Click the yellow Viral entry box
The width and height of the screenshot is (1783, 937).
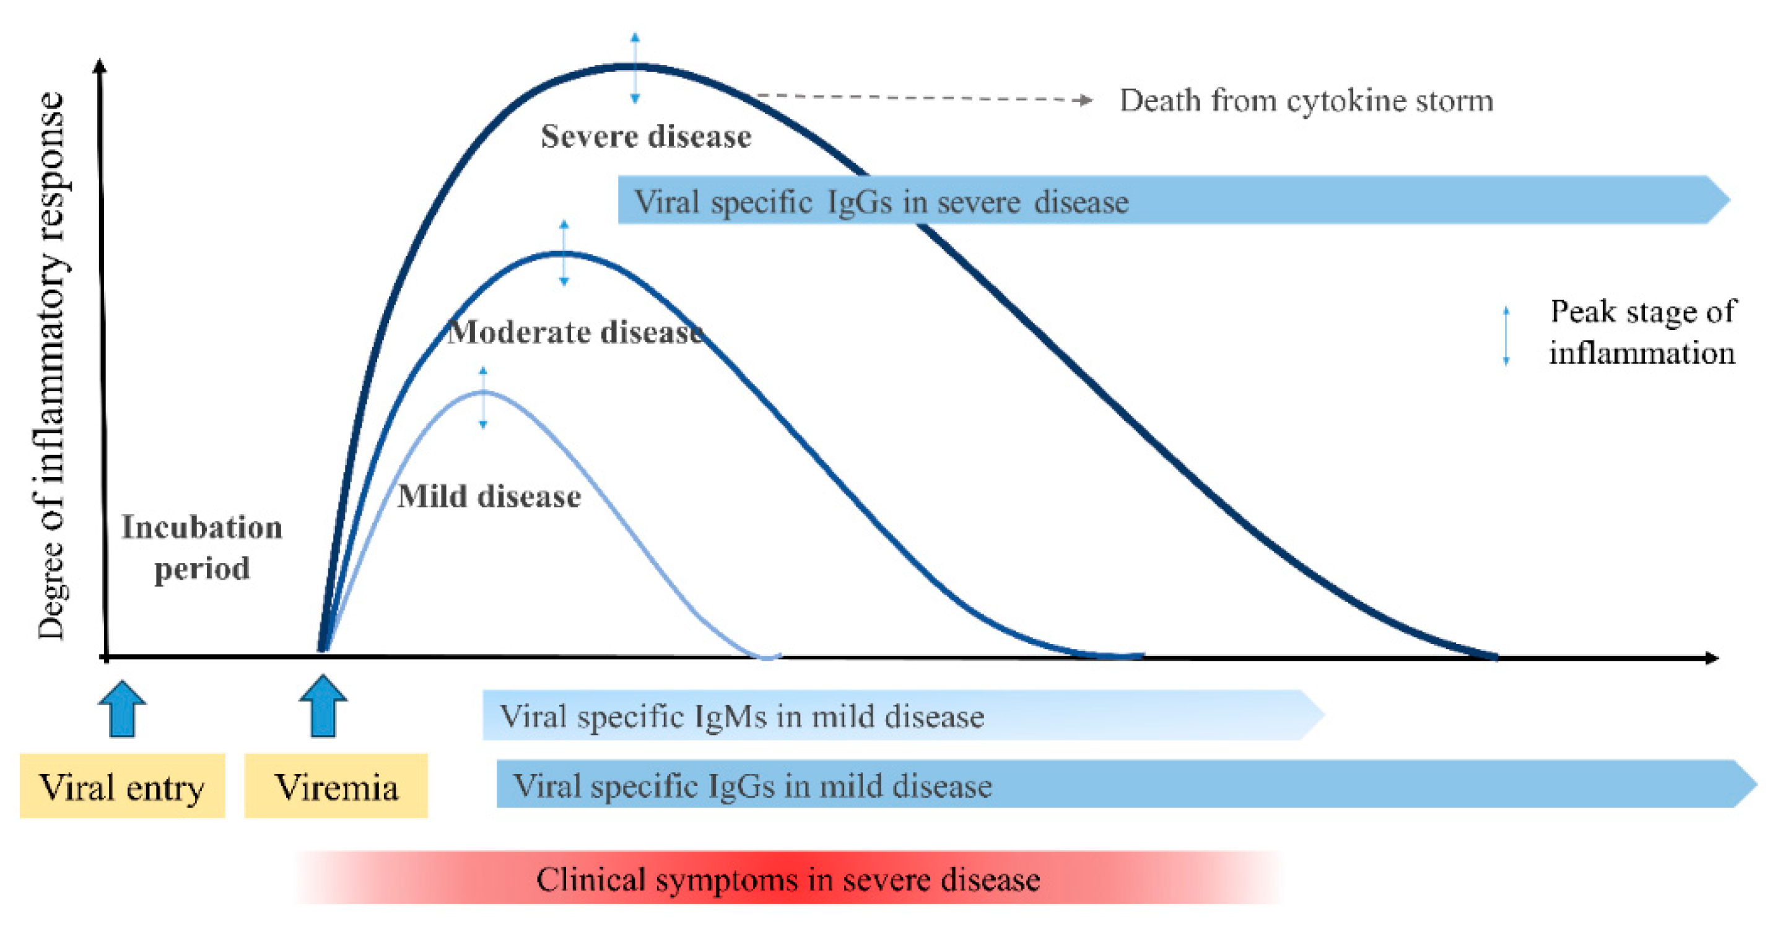point(122,786)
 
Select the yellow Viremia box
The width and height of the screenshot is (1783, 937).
point(336,786)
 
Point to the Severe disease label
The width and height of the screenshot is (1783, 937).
point(645,136)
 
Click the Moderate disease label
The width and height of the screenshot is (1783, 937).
point(575,332)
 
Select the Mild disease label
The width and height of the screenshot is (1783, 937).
point(489,495)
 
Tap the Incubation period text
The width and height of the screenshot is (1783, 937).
point(202,547)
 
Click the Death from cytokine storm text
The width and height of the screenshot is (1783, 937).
point(1306,101)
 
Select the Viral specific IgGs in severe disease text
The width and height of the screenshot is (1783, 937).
point(881,202)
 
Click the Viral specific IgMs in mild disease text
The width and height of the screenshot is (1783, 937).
point(742,717)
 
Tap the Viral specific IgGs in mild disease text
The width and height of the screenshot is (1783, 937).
point(752,786)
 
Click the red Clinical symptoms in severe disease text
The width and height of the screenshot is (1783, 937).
point(788,879)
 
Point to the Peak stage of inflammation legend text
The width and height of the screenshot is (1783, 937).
point(1642,332)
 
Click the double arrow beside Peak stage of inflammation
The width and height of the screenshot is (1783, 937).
point(1506,336)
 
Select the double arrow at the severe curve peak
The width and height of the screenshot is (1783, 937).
point(635,68)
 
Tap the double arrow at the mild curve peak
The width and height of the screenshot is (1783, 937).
point(483,398)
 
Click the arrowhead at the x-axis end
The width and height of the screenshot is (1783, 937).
point(1711,658)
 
